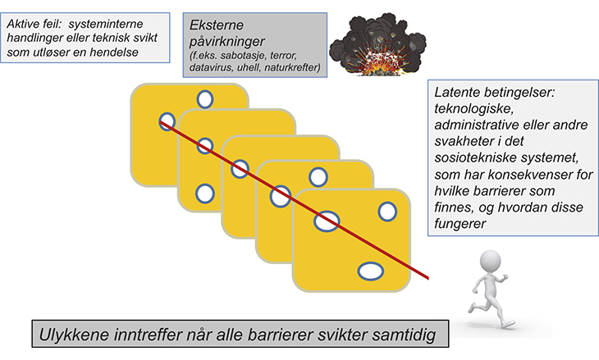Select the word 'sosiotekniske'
pos(477,156)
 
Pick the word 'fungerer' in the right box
pos(465,221)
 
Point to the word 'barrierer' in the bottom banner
pos(281,336)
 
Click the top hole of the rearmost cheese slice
pos(204,99)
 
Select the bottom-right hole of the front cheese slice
pos(371,270)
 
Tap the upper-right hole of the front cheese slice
pos(386,211)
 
